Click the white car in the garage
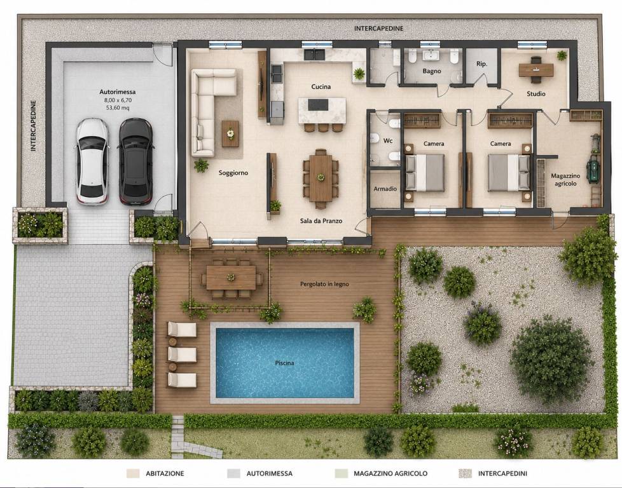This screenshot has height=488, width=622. [x=92, y=161]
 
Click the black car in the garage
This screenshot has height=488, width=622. [x=136, y=161]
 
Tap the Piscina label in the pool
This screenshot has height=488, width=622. [x=284, y=363]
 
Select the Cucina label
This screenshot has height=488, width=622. [x=321, y=86]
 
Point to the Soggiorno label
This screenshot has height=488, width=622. [x=233, y=173]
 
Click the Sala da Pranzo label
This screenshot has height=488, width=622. [x=321, y=221]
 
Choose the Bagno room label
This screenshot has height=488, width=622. [x=432, y=71]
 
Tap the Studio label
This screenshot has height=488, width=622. [x=536, y=94]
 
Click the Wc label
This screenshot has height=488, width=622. [x=387, y=140]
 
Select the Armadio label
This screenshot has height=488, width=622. [x=385, y=189]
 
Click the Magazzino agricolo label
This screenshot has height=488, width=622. [x=565, y=180]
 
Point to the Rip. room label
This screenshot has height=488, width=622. [x=481, y=64]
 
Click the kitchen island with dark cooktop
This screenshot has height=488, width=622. [x=322, y=111]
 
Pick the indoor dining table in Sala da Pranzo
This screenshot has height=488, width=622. [x=321, y=178]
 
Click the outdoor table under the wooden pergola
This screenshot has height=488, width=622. [x=231, y=278]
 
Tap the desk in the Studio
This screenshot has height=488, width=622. [x=536, y=70]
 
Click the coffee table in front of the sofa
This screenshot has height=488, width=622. [x=230, y=133]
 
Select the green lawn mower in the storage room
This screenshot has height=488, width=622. [x=593, y=169]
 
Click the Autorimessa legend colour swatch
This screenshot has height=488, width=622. [x=233, y=473]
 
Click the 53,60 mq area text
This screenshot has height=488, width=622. [x=118, y=107]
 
